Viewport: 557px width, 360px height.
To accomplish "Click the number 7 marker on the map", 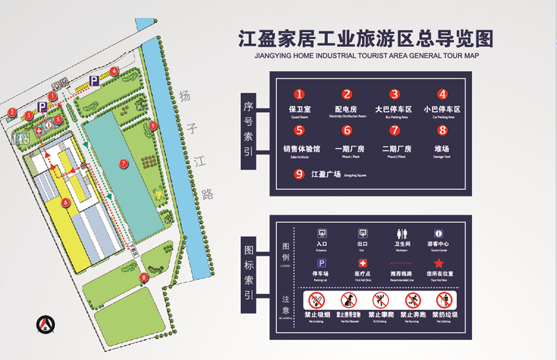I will [123, 163].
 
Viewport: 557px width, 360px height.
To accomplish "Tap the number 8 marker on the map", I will [144, 277].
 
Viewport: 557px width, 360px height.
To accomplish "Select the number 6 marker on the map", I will [65, 203].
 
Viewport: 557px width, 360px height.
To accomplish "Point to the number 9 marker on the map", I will [153, 126].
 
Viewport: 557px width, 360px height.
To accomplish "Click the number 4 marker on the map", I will [113, 71].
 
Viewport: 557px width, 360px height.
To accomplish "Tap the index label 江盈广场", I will [326, 174].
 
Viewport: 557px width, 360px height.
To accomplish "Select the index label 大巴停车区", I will [394, 109].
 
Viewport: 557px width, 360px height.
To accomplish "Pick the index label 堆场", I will [441, 148].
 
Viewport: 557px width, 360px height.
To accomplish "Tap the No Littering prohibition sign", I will [444, 301].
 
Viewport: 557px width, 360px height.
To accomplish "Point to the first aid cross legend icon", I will [362, 263].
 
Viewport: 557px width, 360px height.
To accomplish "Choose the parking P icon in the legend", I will [322, 263].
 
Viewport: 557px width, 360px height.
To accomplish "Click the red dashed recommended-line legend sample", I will [400, 263].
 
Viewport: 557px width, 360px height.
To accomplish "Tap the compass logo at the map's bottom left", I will [47, 324].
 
